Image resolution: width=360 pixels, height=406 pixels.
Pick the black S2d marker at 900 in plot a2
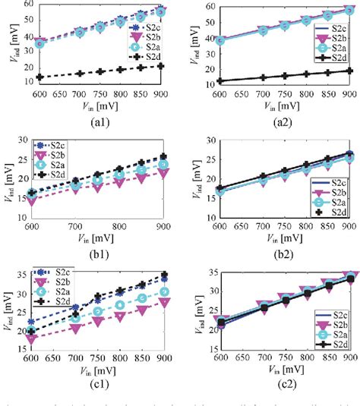pos(346,71)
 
